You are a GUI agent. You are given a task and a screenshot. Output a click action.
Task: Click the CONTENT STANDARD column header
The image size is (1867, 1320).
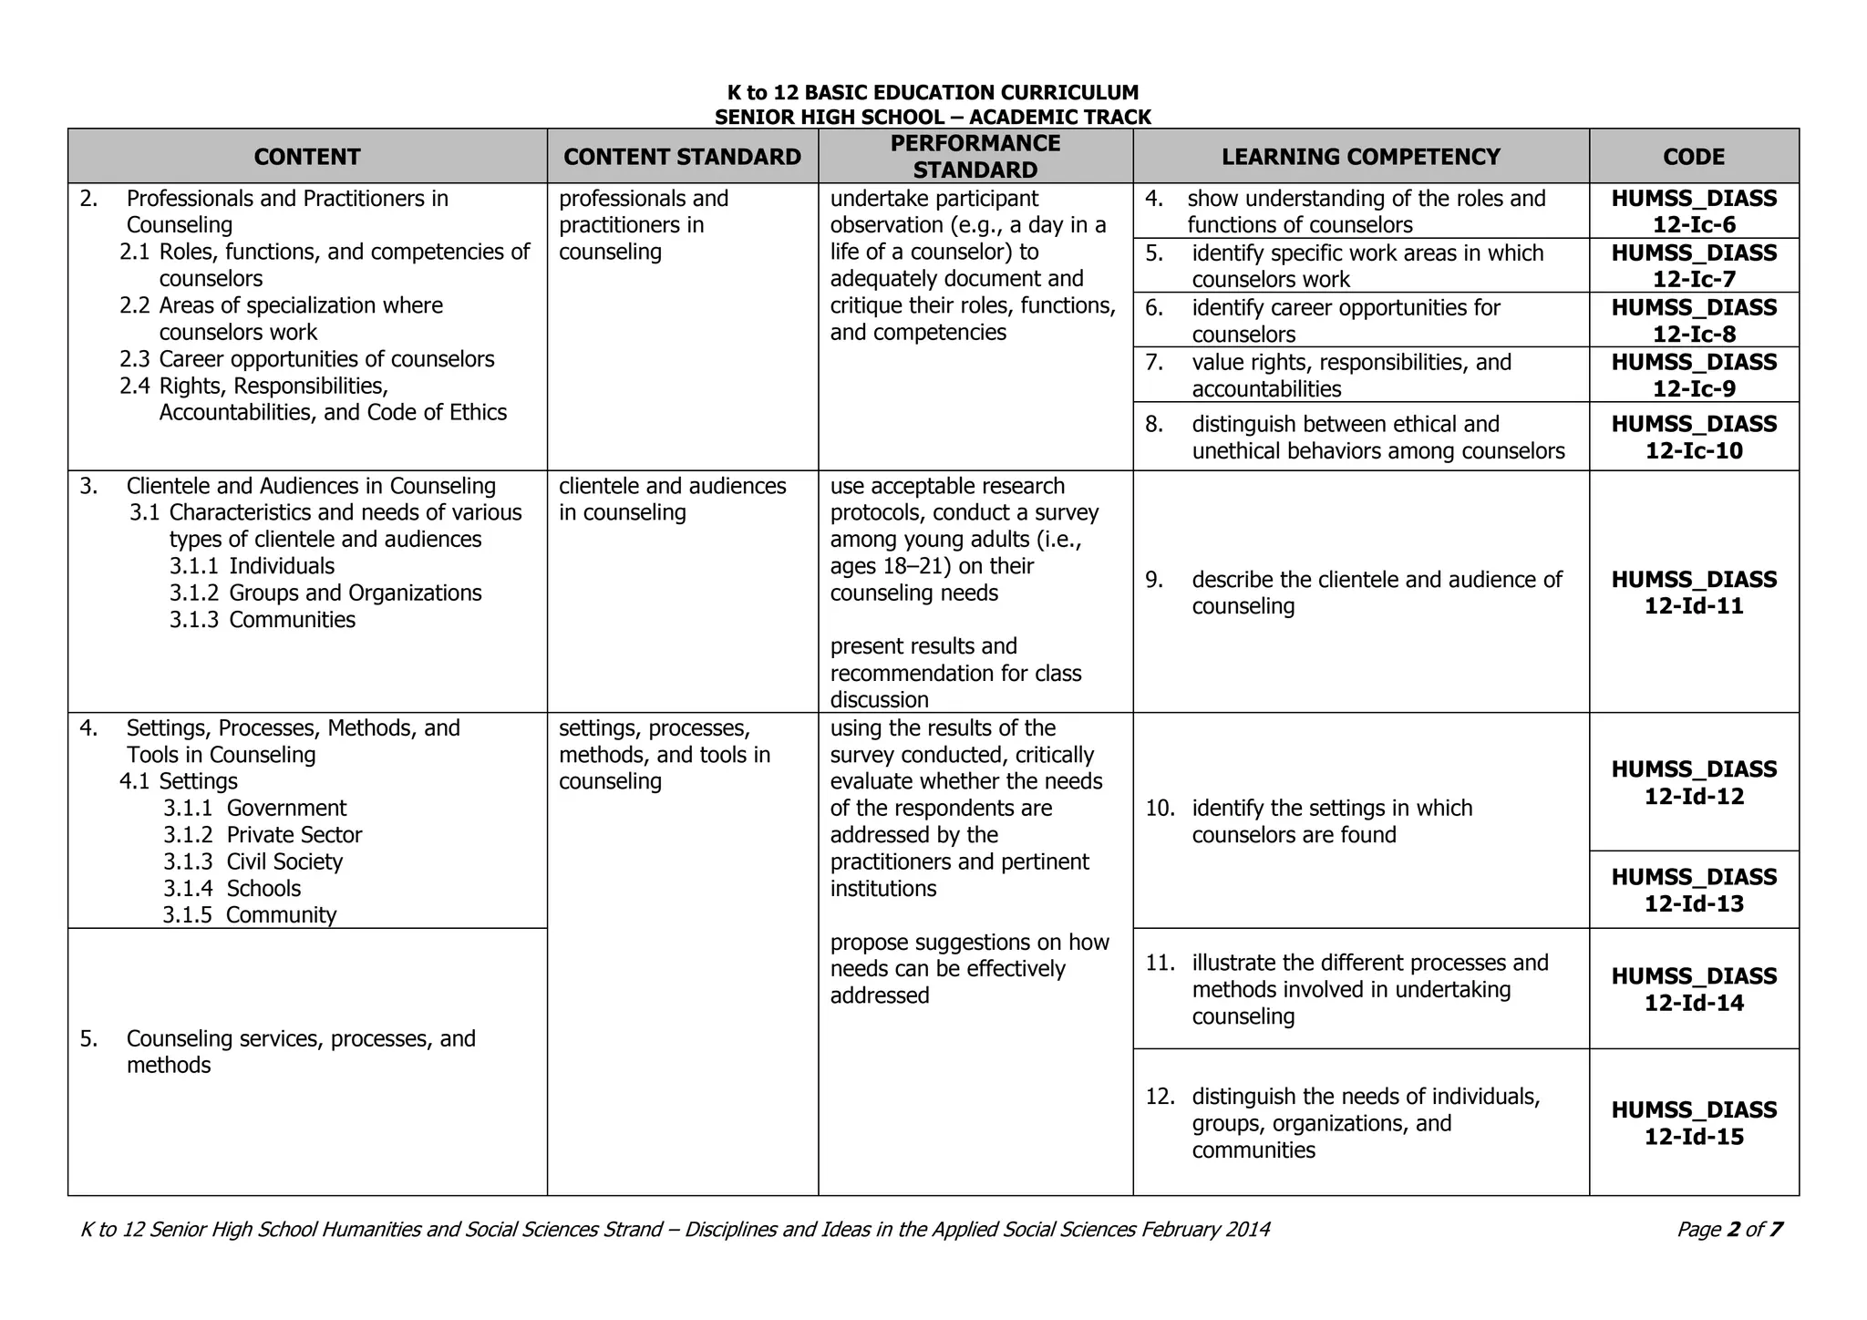click(x=682, y=157)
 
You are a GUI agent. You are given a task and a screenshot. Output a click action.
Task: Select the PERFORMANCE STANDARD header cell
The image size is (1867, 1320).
click(x=975, y=156)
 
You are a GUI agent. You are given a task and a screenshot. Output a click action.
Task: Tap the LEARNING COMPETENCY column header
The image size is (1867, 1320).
click(x=1360, y=157)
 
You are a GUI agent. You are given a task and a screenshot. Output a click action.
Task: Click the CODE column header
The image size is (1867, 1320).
click(x=1694, y=157)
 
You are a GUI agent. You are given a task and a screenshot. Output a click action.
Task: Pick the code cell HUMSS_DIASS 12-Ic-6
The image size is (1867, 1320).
click(x=1694, y=211)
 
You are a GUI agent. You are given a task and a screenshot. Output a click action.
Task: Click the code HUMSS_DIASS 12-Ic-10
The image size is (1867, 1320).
click(x=1694, y=438)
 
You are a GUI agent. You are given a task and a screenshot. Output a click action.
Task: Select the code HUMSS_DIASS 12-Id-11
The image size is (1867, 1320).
click(x=1694, y=593)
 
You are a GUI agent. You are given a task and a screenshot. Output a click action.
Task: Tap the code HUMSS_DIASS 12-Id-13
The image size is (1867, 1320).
click(x=1694, y=890)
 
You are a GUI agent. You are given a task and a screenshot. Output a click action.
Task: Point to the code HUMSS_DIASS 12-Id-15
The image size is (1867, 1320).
click(x=1694, y=1123)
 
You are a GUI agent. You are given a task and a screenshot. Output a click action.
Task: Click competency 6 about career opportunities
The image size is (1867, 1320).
click(x=1345, y=320)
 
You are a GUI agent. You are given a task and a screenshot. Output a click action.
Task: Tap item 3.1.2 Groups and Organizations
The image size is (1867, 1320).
click(x=325, y=593)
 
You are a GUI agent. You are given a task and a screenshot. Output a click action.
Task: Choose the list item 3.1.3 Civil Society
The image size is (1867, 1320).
click(x=253, y=861)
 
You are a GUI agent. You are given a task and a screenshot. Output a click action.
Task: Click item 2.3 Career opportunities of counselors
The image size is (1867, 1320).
click(x=307, y=359)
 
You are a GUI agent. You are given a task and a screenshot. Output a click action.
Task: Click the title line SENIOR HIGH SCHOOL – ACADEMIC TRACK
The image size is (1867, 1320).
click(x=933, y=117)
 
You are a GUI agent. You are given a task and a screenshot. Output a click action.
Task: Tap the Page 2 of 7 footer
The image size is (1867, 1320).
click(x=1729, y=1230)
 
